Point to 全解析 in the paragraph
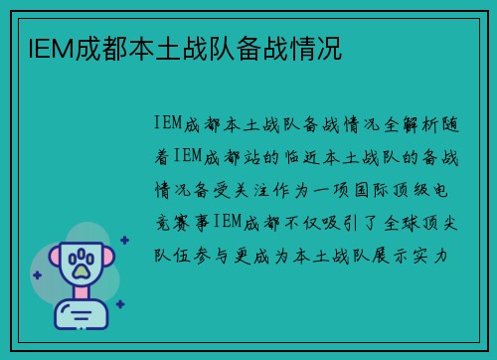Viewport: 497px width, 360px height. [x=379, y=123]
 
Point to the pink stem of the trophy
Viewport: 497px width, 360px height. [x=83, y=295]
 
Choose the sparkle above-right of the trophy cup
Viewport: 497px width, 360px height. [x=125, y=240]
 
